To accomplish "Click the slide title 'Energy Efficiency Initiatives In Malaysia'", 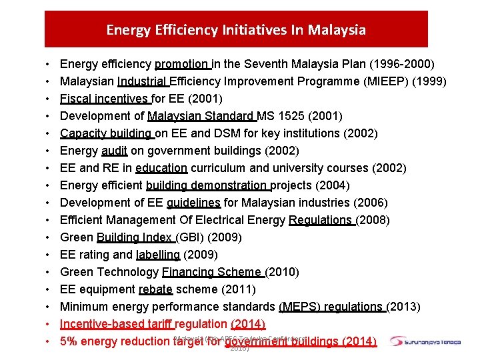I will coord(236,30).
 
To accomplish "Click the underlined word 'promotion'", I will coord(182,65).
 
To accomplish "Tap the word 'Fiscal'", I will coord(76,99).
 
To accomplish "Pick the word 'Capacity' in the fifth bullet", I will coord(82,133).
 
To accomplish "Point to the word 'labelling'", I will coord(158,255).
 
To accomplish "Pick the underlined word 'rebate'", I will coord(155,289).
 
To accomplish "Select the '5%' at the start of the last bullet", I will coord(69,341).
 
